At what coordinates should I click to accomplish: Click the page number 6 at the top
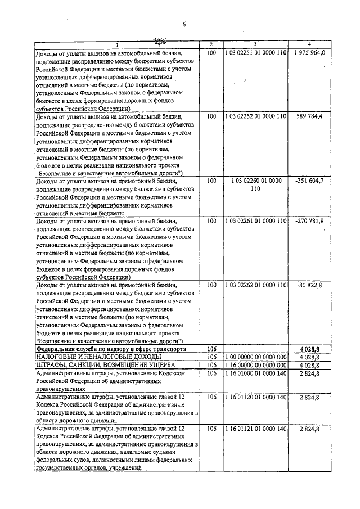[x=183, y=23]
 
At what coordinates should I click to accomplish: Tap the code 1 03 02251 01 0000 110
[x=255, y=52]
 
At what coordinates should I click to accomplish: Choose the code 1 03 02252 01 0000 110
[x=255, y=116]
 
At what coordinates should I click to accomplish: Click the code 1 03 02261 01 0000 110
[x=255, y=222]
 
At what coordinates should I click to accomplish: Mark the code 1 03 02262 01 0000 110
[x=255, y=285]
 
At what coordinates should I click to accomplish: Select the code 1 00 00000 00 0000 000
[x=255, y=357]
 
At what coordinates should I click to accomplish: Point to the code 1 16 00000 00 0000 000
[x=255, y=365]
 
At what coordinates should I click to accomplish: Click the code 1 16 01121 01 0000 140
[x=255, y=429]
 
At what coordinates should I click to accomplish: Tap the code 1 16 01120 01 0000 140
[x=255, y=397]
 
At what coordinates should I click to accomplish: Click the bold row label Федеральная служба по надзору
[x=111, y=349]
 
